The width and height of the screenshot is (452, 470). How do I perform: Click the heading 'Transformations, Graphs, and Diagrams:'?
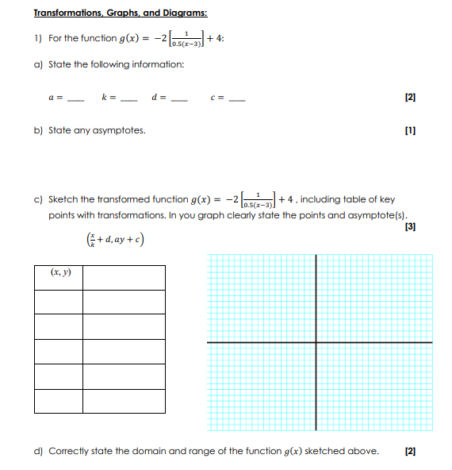point(121,13)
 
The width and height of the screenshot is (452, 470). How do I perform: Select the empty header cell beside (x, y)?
point(124,277)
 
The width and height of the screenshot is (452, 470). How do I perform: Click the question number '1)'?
point(37,38)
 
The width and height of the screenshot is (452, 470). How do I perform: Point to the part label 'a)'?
point(38,64)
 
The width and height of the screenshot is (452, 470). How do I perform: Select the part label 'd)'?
point(38,451)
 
